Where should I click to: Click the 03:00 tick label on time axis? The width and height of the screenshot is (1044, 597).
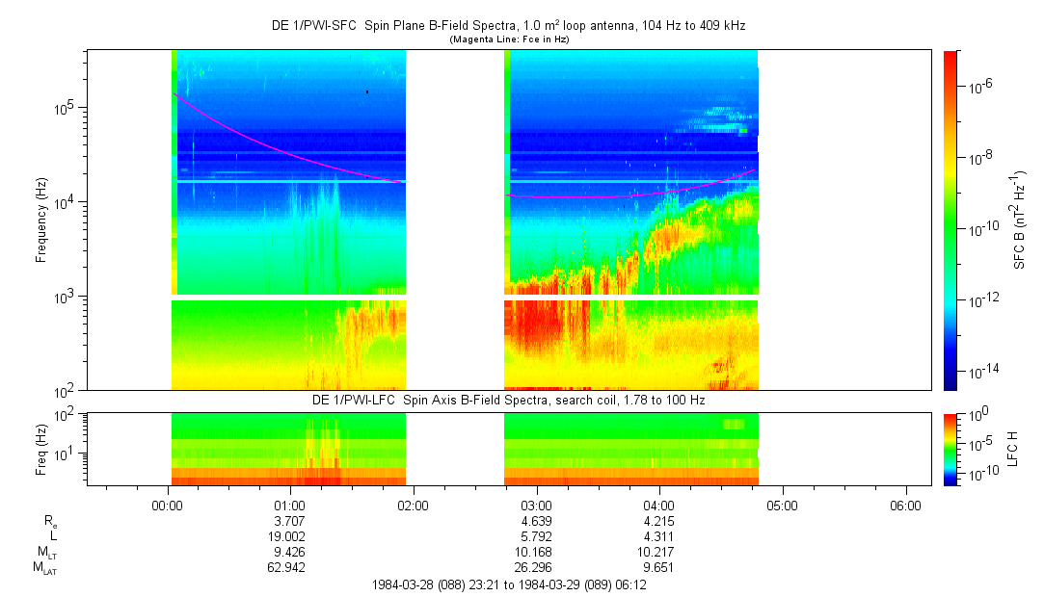(x=536, y=505)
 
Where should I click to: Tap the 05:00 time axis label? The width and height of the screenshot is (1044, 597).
(x=782, y=505)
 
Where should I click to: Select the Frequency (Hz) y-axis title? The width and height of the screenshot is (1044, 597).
(x=41, y=221)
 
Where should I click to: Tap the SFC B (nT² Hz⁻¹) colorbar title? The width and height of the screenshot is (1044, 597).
(x=1020, y=221)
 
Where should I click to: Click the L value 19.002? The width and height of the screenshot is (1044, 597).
(x=290, y=535)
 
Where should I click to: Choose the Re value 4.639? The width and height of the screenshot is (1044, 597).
(x=536, y=521)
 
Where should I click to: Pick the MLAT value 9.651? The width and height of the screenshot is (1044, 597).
(x=658, y=567)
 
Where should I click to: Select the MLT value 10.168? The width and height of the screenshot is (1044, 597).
(x=536, y=552)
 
